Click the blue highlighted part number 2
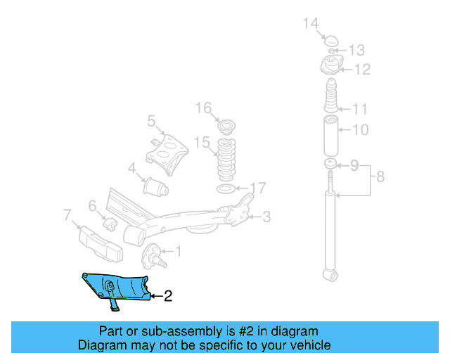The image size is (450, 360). tap(116, 288)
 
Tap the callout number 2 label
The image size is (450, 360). tap(167, 297)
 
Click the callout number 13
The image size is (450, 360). tap(356, 50)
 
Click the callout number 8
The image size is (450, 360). tap(380, 176)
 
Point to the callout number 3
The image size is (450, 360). tap(266, 217)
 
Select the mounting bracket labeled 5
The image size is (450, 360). tap(167, 150)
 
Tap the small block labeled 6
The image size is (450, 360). tap(112, 223)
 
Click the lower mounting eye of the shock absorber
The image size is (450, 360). tap(329, 274)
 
